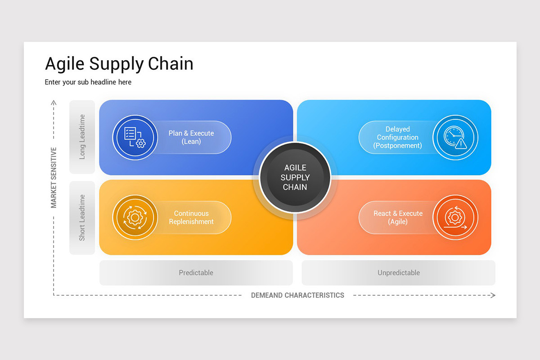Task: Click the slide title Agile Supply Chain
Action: tap(119, 64)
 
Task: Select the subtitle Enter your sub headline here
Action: tap(88, 82)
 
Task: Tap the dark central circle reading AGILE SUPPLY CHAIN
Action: tap(295, 177)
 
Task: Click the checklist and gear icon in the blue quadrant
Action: tap(135, 137)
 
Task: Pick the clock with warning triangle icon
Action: tap(455, 138)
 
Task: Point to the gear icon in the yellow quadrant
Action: tap(135, 217)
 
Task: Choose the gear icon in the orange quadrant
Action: tap(455, 218)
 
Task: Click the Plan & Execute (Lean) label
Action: tap(191, 137)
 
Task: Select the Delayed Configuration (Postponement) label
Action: tap(397, 137)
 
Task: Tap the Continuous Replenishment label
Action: tap(191, 217)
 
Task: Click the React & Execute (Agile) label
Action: tap(398, 217)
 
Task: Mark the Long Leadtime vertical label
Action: tap(82, 137)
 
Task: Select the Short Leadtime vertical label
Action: tap(82, 217)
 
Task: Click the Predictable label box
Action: tap(196, 273)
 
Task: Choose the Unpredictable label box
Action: tap(398, 273)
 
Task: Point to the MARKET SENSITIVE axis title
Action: tap(54, 177)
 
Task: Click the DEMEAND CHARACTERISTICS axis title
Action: tap(297, 295)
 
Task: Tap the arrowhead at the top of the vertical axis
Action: tap(54, 103)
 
